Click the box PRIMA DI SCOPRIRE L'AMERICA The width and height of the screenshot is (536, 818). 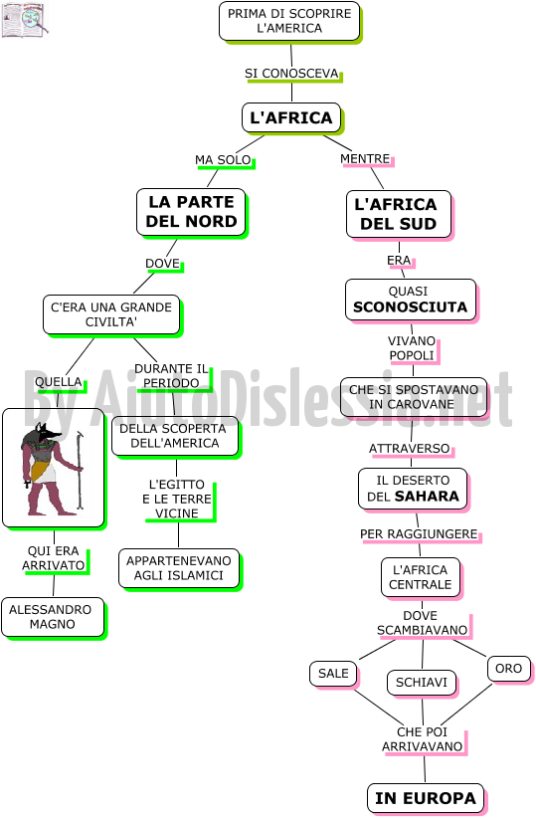pos(289,21)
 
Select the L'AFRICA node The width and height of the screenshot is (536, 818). pos(291,117)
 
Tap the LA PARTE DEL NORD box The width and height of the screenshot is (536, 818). pos(191,212)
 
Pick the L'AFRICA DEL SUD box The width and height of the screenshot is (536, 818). pos(399,214)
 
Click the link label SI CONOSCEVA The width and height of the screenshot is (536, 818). pos(292,74)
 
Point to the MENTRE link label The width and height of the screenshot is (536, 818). pos(366,158)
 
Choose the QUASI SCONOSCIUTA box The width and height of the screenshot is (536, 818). pos(411,300)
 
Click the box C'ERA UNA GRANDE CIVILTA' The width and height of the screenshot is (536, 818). pos(111,315)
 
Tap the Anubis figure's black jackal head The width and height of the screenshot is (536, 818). pos(45,433)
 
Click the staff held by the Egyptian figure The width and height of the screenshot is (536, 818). pos(80,470)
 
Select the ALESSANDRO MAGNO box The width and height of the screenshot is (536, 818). pos(52,617)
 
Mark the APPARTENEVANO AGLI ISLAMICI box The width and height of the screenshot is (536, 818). pos(179,568)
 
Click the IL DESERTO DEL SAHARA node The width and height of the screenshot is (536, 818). pos(413,489)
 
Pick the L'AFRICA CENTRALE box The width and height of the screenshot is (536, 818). pos(421,577)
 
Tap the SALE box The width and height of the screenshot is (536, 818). pos(334,674)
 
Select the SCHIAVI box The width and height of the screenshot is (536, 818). pos(422,683)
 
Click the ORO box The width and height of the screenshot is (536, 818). pos(509,669)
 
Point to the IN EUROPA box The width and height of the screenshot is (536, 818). pos(426,798)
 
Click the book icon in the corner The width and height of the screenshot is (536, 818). pos(25,20)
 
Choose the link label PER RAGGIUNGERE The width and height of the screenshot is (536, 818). pos(419,534)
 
